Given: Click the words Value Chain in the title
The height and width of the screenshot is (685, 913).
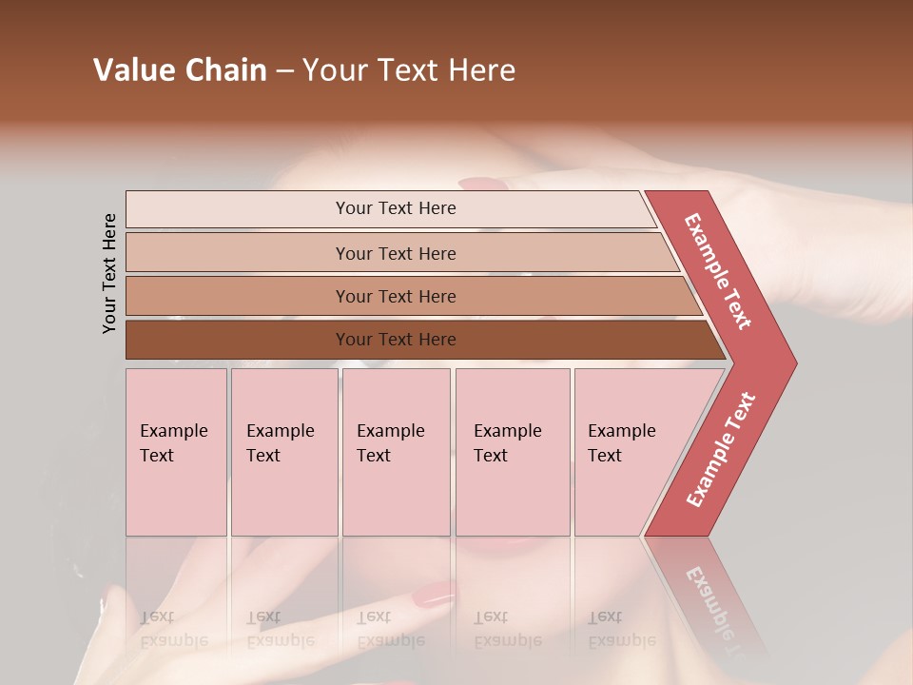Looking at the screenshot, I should (x=180, y=70).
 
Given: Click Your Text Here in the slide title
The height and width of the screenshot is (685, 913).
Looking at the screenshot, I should (x=409, y=70).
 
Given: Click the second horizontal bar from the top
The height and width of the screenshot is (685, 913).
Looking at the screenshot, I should (x=395, y=253).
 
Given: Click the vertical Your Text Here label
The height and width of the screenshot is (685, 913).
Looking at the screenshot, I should (x=109, y=273).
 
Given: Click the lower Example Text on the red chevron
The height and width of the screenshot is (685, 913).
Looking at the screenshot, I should (x=721, y=450).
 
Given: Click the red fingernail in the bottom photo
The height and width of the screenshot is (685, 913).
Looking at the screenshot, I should (x=434, y=595).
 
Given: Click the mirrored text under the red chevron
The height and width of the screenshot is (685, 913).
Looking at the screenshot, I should (x=715, y=609).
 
